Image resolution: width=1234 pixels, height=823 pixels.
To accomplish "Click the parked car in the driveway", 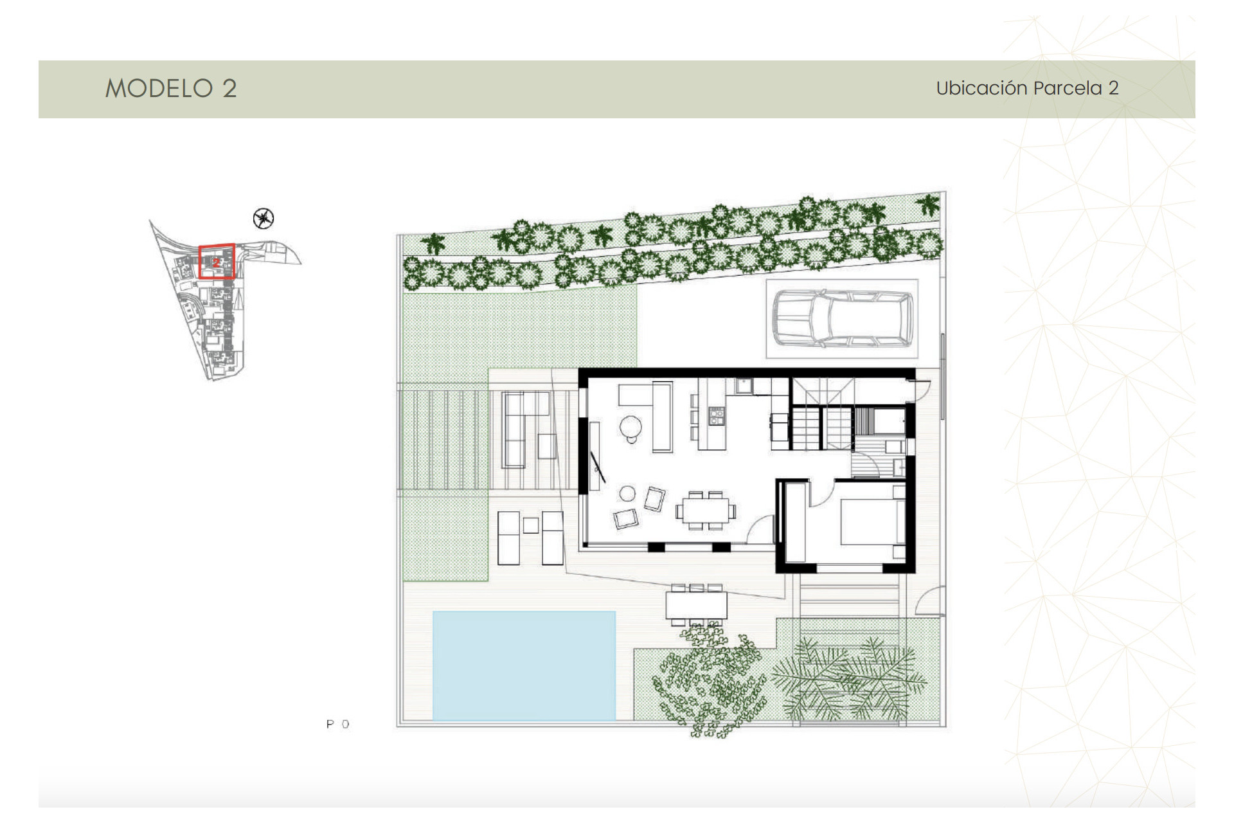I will (x=842, y=318).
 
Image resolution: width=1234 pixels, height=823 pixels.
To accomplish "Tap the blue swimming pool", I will (x=524, y=665).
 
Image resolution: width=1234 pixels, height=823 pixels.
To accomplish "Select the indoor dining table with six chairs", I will (x=705, y=511).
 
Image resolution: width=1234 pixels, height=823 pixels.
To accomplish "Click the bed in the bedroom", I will (x=868, y=521).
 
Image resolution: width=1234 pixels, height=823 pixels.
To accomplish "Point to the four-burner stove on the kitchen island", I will (x=716, y=416).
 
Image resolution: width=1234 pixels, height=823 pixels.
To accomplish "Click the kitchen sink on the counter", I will (x=744, y=386).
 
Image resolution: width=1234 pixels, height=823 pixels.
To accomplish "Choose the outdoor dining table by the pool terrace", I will (x=696, y=605).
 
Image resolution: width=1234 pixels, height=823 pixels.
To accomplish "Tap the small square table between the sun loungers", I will (x=530, y=525).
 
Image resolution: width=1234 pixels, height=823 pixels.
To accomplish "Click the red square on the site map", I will (x=217, y=262).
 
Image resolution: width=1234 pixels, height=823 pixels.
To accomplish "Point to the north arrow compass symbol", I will (x=264, y=219).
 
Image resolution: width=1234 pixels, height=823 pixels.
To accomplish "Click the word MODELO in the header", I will (x=159, y=89).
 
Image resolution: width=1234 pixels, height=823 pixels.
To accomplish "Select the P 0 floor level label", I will (x=337, y=725).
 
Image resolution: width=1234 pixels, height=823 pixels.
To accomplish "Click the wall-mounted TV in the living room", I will (x=598, y=466).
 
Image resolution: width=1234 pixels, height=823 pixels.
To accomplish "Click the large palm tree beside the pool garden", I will (x=848, y=678).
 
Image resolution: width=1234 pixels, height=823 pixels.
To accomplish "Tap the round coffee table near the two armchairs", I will (x=627, y=494).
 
